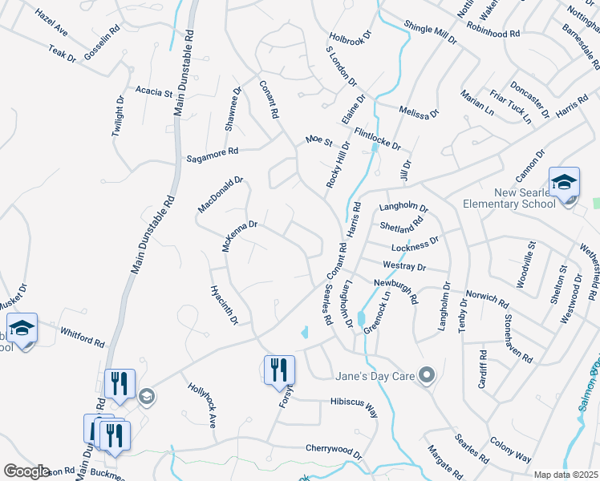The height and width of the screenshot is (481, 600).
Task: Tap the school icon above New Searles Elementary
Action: [563, 182]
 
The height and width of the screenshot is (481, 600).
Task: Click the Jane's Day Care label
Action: [377, 374]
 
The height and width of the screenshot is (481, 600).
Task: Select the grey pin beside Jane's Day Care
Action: [427, 374]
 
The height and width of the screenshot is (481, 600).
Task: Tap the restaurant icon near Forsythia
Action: [278, 370]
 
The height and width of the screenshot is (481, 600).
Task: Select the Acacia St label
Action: [154, 92]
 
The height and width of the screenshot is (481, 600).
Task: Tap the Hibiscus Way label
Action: [353, 406]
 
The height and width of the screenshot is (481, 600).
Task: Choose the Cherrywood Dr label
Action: [334, 451]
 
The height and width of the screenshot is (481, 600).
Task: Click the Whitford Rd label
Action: [83, 335]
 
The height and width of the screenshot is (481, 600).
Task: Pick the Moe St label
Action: [318, 141]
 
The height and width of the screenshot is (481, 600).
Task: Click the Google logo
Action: [26, 471]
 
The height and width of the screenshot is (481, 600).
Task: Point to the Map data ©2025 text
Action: [566, 475]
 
